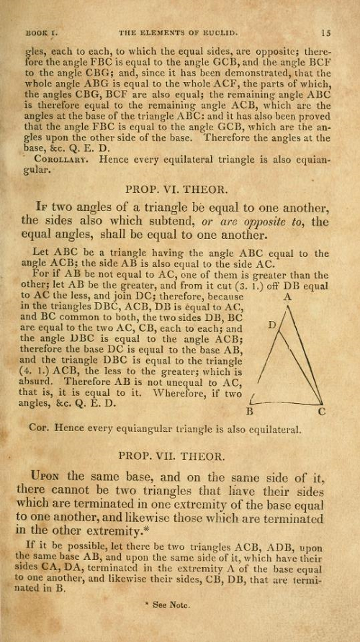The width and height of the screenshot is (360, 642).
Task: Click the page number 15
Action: (325, 32)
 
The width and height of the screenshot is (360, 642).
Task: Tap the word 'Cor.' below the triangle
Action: (40, 430)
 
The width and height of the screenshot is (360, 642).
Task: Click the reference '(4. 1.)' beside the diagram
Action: (38, 371)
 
